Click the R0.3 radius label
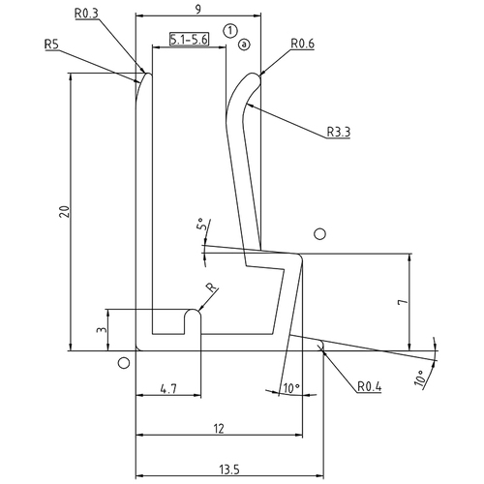(x=85, y=14)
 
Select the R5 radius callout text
(x=54, y=44)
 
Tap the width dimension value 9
(x=198, y=10)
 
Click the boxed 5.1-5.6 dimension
(x=188, y=40)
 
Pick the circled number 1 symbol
(x=229, y=30)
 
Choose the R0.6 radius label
(x=304, y=44)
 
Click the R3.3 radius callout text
(x=338, y=131)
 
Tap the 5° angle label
(x=201, y=226)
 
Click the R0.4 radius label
(x=370, y=387)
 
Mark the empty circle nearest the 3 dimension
(x=123, y=363)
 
